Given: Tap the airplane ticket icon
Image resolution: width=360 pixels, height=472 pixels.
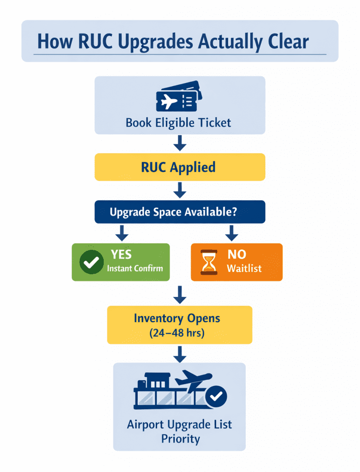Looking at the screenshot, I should click(x=179, y=97).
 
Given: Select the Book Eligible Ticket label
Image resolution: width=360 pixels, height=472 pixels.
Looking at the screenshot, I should click(x=178, y=123).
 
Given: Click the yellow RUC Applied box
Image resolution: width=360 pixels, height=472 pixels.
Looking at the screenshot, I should click(x=180, y=167).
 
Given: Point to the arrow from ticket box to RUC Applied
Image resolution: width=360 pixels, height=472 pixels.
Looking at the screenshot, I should click(x=180, y=144).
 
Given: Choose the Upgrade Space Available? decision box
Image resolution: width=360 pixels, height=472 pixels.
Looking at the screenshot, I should click(x=180, y=212).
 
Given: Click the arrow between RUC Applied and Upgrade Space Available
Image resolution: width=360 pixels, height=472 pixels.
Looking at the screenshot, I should click(x=180, y=189).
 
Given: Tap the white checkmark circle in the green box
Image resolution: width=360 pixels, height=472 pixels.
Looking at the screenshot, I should click(x=91, y=262).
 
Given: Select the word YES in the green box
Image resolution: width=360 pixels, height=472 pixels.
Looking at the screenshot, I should click(x=121, y=254).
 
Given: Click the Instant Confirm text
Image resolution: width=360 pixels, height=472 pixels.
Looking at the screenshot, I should click(x=135, y=268).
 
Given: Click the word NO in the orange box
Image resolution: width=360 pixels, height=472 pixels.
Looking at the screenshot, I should click(x=237, y=254).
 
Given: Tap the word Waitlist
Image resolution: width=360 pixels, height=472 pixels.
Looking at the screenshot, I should click(x=244, y=268).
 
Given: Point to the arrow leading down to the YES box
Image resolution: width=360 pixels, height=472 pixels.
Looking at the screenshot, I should click(x=121, y=233).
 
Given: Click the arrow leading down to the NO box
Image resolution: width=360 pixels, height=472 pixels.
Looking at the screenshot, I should click(x=232, y=233).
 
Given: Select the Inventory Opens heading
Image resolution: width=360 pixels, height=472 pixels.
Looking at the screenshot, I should click(x=177, y=318).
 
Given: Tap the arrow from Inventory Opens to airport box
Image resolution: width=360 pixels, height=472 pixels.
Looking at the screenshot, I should click(x=180, y=354).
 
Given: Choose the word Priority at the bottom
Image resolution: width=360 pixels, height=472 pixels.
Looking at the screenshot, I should click(x=180, y=438).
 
